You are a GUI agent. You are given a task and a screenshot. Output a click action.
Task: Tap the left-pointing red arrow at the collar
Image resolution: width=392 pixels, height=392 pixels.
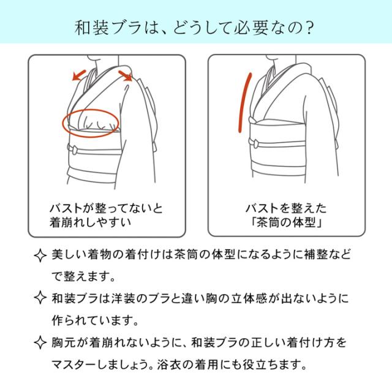(78, 75)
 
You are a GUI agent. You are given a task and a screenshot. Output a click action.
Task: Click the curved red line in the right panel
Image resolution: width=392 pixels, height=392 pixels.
(243, 101)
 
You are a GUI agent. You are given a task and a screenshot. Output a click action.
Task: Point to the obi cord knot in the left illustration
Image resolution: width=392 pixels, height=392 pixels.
(73, 149)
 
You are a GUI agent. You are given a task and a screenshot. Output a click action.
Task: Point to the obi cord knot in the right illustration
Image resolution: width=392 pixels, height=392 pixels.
(254, 143)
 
